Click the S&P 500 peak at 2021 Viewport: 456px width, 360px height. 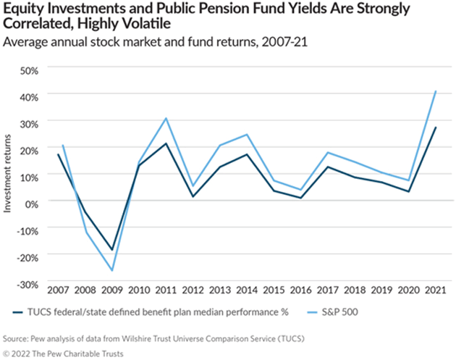(x=435, y=91)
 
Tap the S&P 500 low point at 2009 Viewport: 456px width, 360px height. (x=112, y=270)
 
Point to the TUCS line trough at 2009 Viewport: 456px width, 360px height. (x=112, y=250)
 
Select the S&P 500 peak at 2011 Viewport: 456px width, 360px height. (x=166, y=118)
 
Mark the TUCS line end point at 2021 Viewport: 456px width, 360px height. (x=435, y=127)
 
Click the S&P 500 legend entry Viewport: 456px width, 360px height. (x=337, y=313)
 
